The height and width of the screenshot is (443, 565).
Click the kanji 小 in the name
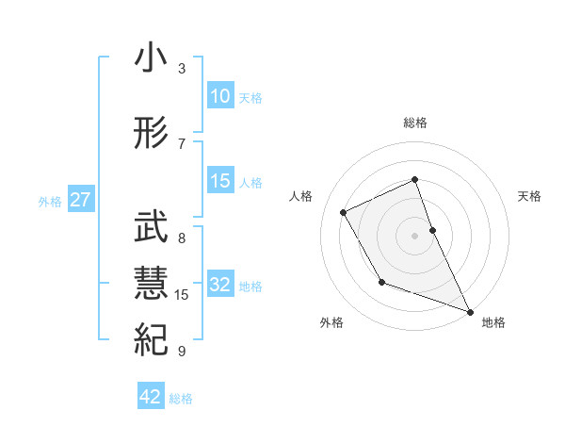click(x=150, y=59)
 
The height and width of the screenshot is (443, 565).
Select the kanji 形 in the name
click(x=150, y=135)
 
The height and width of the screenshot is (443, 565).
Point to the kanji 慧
click(x=150, y=284)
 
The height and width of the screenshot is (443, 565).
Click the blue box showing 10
click(x=219, y=96)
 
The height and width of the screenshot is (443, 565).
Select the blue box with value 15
click(x=219, y=181)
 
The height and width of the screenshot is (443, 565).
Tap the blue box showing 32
click(x=219, y=285)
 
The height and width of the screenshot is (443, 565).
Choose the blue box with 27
click(x=80, y=200)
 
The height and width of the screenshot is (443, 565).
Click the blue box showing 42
click(x=151, y=397)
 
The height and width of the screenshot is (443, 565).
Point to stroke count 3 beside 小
click(x=182, y=69)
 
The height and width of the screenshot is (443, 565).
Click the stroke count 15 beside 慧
click(x=183, y=295)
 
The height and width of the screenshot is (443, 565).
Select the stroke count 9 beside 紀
click(x=182, y=352)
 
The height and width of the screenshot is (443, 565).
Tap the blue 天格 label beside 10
click(x=250, y=97)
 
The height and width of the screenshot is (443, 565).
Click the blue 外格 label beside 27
click(x=50, y=201)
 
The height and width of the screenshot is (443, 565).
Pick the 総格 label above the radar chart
click(x=415, y=123)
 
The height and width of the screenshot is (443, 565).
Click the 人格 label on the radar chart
click(x=301, y=196)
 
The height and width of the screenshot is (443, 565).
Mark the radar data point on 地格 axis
click(x=471, y=312)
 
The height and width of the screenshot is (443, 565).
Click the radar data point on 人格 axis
click(x=344, y=212)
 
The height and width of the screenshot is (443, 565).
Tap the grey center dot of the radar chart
click(x=415, y=236)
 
